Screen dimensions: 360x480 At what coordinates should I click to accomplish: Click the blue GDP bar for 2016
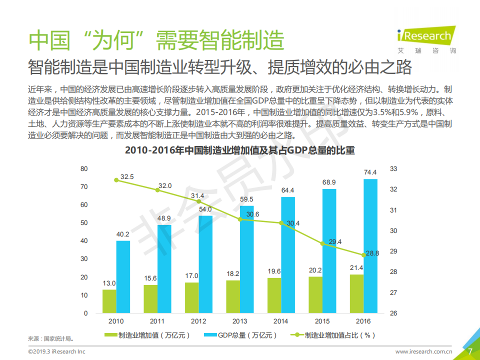(370, 246)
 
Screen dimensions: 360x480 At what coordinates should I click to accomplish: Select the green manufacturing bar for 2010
(109, 301)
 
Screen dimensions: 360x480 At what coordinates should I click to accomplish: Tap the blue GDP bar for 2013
(246, 259)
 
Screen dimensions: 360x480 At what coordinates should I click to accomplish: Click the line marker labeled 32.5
(116, 180)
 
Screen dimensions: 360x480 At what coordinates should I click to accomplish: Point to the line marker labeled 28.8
(363, 255)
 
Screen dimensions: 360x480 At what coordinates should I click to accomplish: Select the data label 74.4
(370, 172)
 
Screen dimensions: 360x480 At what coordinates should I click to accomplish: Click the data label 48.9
(164, 218)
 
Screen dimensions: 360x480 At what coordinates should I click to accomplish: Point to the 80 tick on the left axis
(84, 169)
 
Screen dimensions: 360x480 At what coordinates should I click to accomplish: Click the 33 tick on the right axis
(393, 169)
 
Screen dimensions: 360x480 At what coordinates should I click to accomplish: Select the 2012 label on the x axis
(198, 321)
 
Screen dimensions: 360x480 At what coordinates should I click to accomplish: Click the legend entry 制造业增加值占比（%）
(333, 335)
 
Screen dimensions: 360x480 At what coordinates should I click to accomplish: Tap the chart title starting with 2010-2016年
(239, 150)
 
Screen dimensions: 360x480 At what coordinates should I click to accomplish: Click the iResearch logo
(424, 36)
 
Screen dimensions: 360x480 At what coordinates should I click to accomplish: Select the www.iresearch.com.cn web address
(424, 352)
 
